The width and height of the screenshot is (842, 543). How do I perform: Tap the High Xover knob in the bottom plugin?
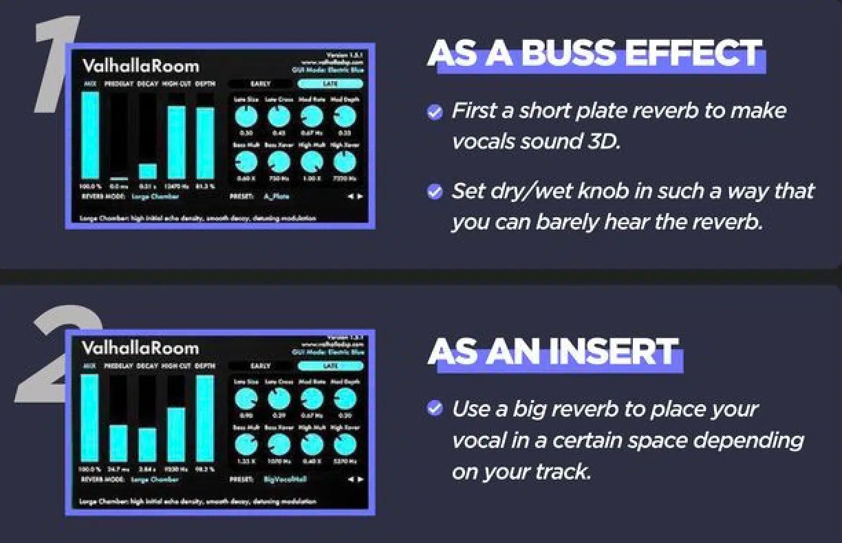click(345, 445)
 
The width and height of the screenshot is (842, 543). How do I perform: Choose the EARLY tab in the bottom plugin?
click(261, 366)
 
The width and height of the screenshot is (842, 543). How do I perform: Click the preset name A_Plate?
click(277, 196)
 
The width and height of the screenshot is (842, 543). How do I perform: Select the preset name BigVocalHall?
click(285, 479)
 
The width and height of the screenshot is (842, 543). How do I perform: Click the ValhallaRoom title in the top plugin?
click(140, 66)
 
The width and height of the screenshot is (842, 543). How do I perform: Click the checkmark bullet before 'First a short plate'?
click(435, 112)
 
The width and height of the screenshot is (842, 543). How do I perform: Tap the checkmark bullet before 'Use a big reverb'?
click(435, 409)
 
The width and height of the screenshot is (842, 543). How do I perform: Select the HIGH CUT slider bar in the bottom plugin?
click(176, 434)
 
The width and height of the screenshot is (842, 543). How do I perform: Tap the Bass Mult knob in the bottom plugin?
click(246, 445)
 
